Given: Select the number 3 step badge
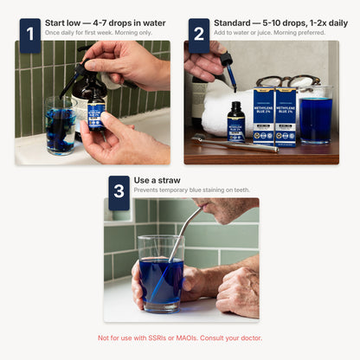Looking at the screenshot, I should tap(119, 191).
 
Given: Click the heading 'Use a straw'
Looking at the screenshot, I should tap(161, 181).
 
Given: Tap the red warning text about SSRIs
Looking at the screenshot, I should tap(179, 337).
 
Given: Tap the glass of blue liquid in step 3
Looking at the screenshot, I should tap(159, 273).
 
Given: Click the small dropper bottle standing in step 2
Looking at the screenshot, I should tap(235, 123).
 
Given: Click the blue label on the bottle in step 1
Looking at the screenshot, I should tap(96, 116).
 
